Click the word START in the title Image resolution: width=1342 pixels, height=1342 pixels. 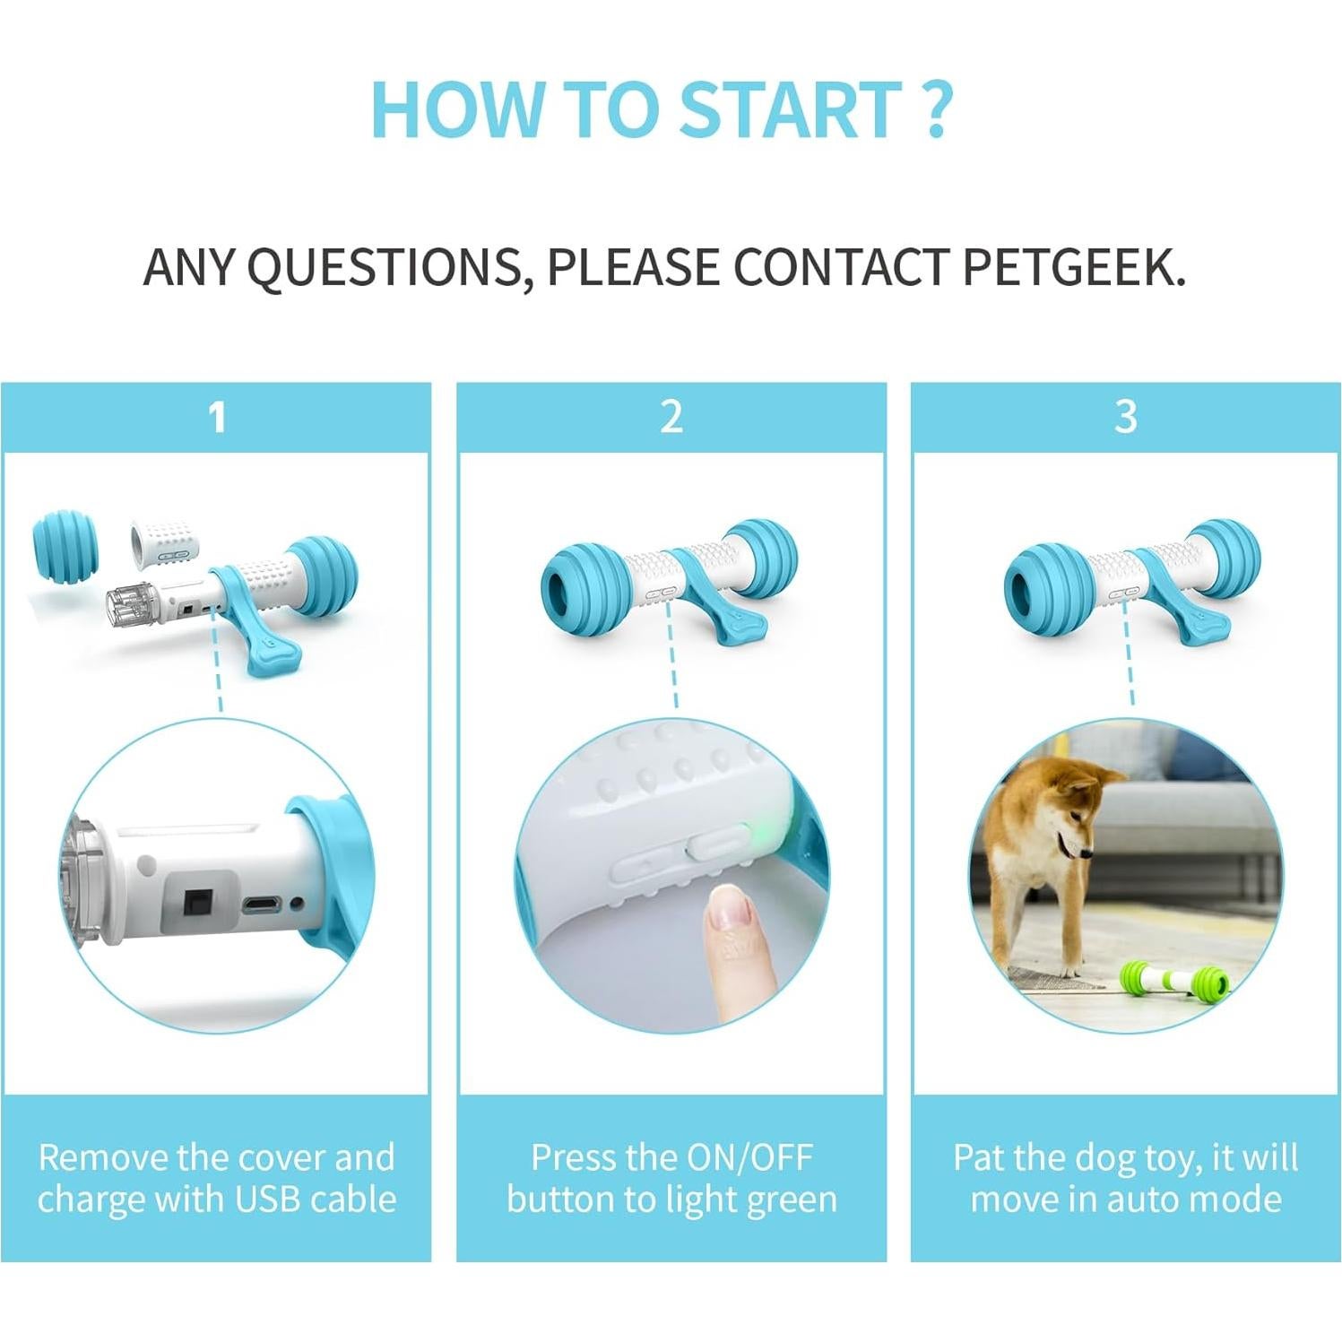point(790,109)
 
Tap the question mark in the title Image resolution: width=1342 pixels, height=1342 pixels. point(937,109)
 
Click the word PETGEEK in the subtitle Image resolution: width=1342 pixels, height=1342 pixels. point(1073,266)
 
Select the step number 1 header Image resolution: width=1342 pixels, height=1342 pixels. point(216,417)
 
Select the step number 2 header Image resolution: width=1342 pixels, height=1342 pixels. point(671,417)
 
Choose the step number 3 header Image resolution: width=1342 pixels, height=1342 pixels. point(1126,417)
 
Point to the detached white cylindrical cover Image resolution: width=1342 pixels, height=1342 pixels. point(162,544)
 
